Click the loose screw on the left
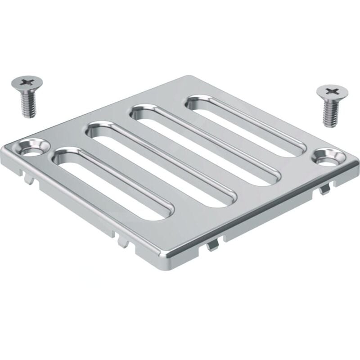point(25,95)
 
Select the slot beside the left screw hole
point(112,184)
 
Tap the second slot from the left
point(162,166)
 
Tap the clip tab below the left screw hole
point(29,178)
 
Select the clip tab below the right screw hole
point(322,191)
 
